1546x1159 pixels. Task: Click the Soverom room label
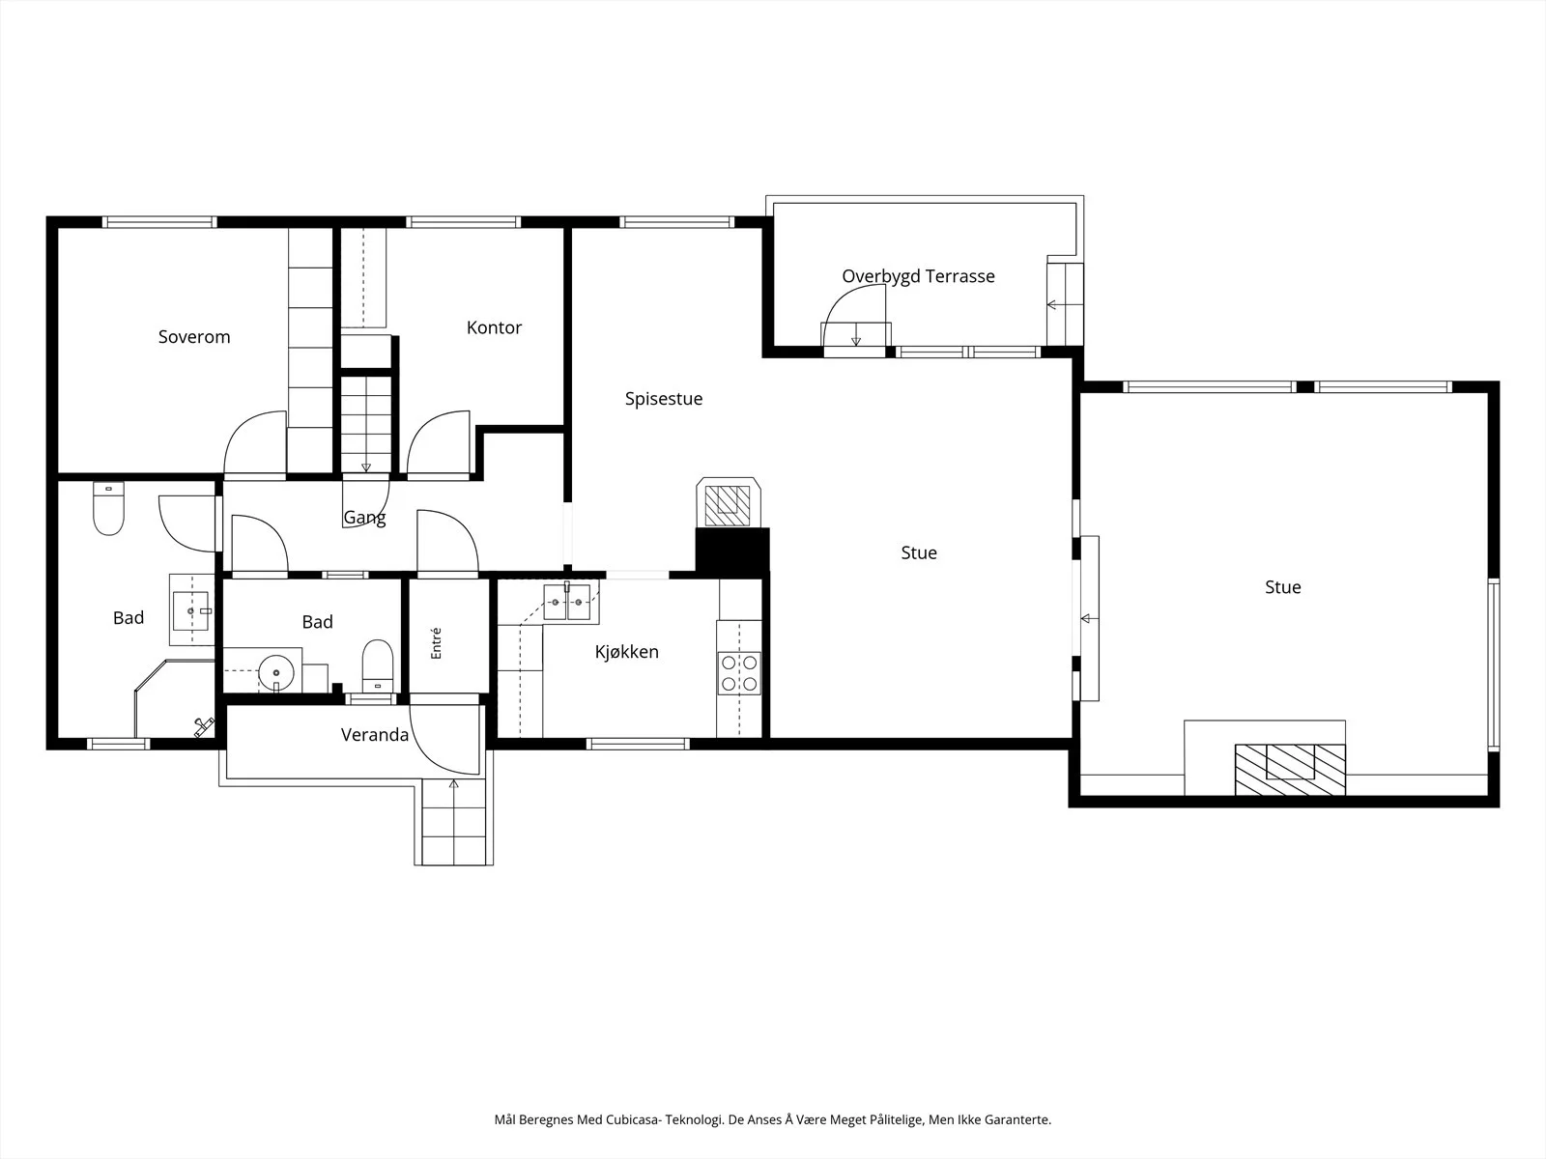193,336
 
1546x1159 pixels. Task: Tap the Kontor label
494,327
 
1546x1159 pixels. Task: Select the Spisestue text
664,399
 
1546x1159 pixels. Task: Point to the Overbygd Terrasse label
919,276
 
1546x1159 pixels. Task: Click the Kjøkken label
627,652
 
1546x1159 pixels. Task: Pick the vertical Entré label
436,643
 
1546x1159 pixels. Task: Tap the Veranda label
375,735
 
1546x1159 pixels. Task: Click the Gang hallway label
364,518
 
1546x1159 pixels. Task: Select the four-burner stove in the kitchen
739,673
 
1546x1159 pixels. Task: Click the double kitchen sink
567,602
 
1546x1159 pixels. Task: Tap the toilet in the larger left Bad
108,508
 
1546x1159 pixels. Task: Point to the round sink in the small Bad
276,673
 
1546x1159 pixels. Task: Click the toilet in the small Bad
378,665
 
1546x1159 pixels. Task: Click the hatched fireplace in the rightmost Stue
1290,770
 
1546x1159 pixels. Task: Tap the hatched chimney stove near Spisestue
729,502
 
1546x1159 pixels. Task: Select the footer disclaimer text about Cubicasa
773,1119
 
